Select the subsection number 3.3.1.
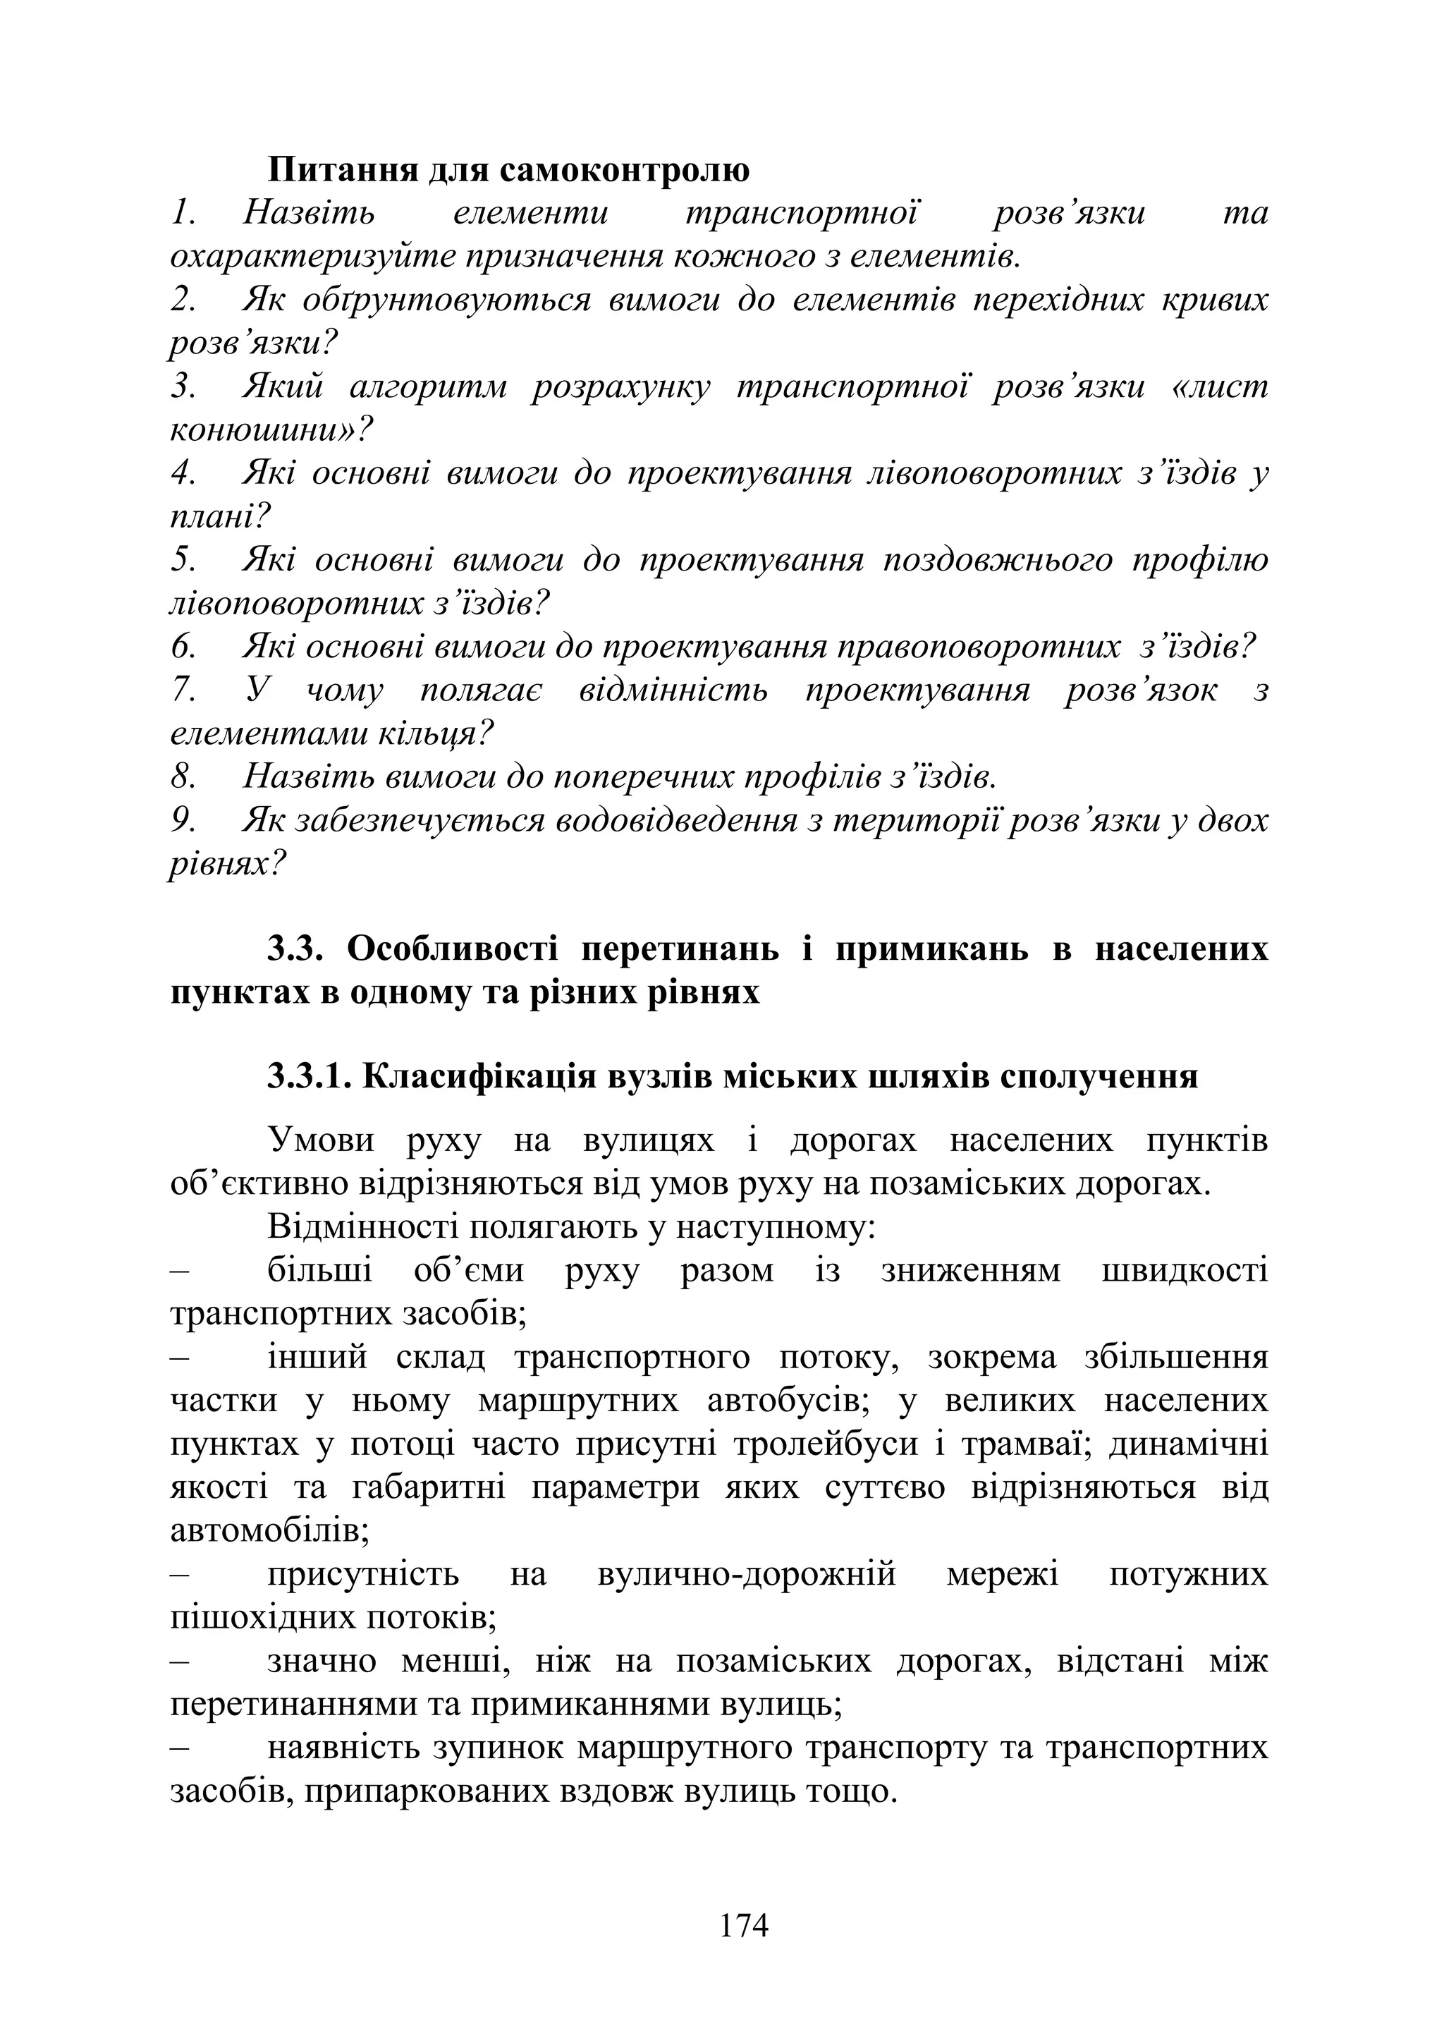pos(310,1077)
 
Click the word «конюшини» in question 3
pos(256,430)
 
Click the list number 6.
pos(183,647)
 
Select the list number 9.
pos(183,821)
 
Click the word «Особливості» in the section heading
pos(453,950)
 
